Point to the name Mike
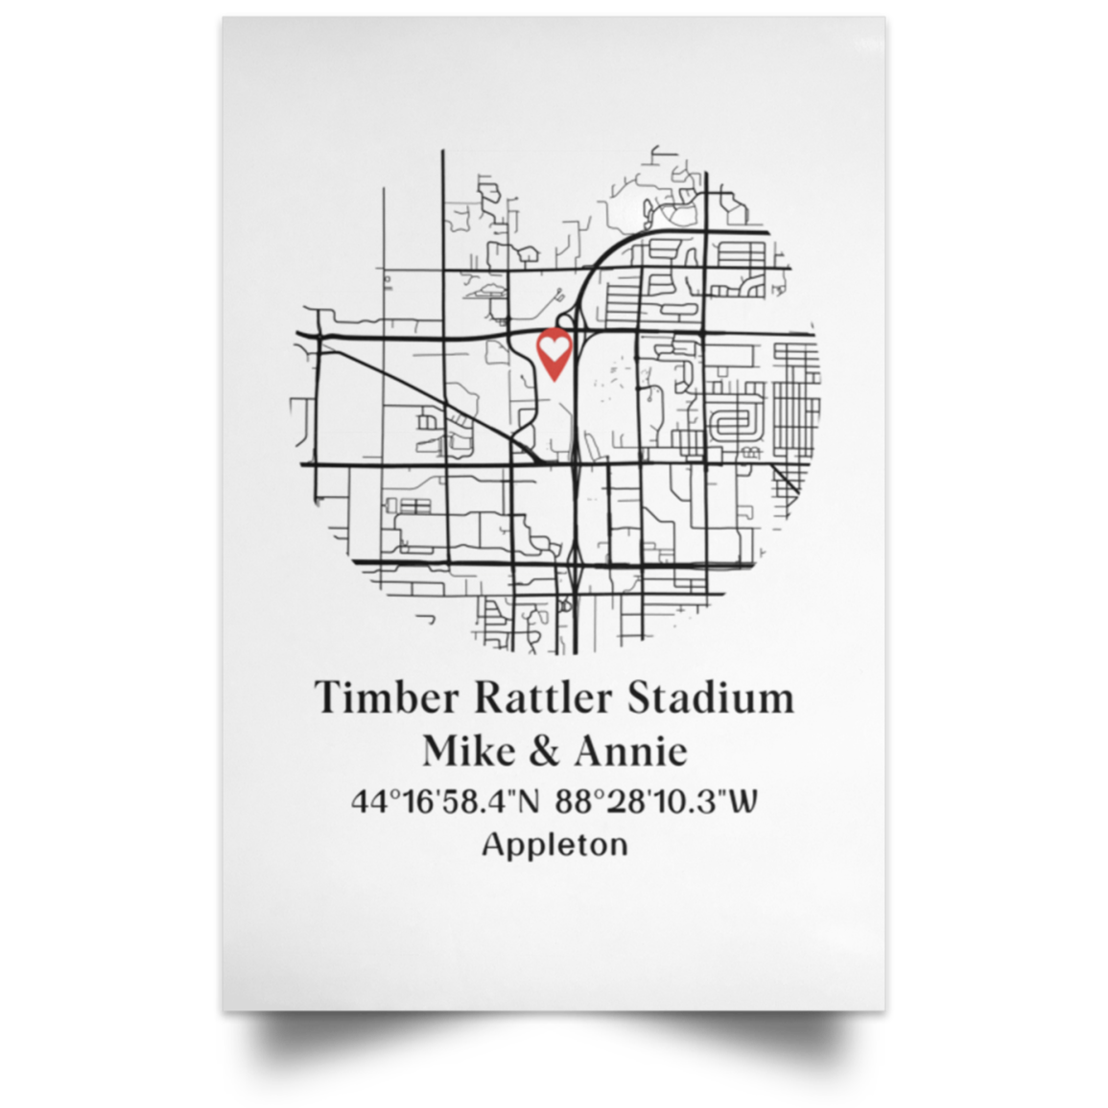[469, 750]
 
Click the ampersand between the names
[544, 750]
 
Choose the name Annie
[630, 750]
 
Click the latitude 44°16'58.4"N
[446, 801]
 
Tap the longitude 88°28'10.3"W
[655, 801]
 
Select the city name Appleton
[554, 845]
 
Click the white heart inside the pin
[554, 346]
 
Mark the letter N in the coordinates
[528, 801]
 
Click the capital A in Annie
[592, 750]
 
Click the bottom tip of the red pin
[554, 380]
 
